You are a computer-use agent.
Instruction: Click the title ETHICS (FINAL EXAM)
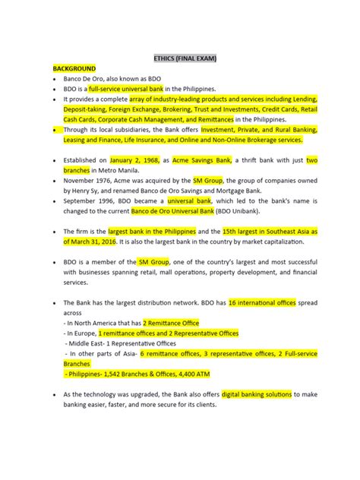[x=180, y=56]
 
